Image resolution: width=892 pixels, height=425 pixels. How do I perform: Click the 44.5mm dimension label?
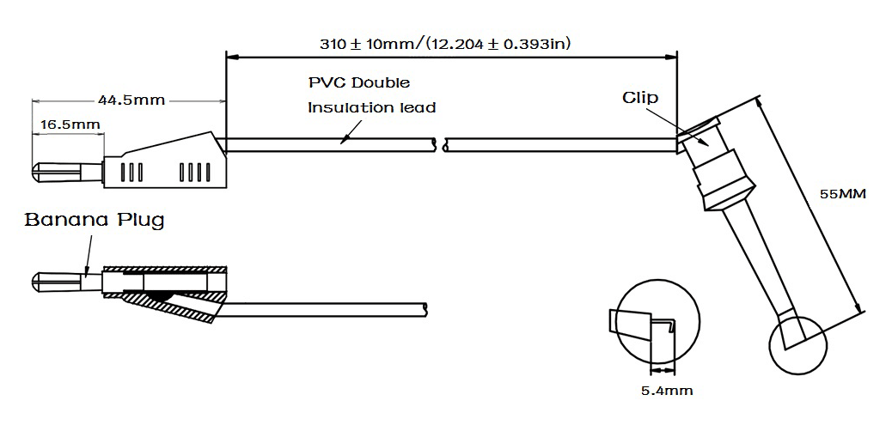pyautogui.click(x=131, y=100)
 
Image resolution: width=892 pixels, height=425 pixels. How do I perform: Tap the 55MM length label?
pyautogui.click(x=842, y=194)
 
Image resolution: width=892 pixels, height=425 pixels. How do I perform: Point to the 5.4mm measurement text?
pyautogui.click(x=667, y=391)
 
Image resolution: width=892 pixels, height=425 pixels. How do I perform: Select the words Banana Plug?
pyautogui.click(x=95, y=220)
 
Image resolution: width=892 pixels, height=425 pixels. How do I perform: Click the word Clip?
pyautogui.click(x=640, y=98)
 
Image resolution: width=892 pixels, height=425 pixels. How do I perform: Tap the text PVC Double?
pyautogui.click(x=359, y=82)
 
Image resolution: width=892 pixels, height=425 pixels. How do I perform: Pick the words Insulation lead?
pyautogui.click(x=372, y=107)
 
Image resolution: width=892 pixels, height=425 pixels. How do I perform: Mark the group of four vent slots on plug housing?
pyautogui.click(x=194, y=173)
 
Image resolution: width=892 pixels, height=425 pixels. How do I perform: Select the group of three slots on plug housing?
pyautogui.click(x=132, y=173)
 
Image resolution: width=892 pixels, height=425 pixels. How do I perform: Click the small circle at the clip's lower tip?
pyautogui.click(x=797, y=345)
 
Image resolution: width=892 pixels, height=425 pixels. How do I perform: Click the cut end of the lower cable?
pyautogui.click(x=426, y=310)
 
